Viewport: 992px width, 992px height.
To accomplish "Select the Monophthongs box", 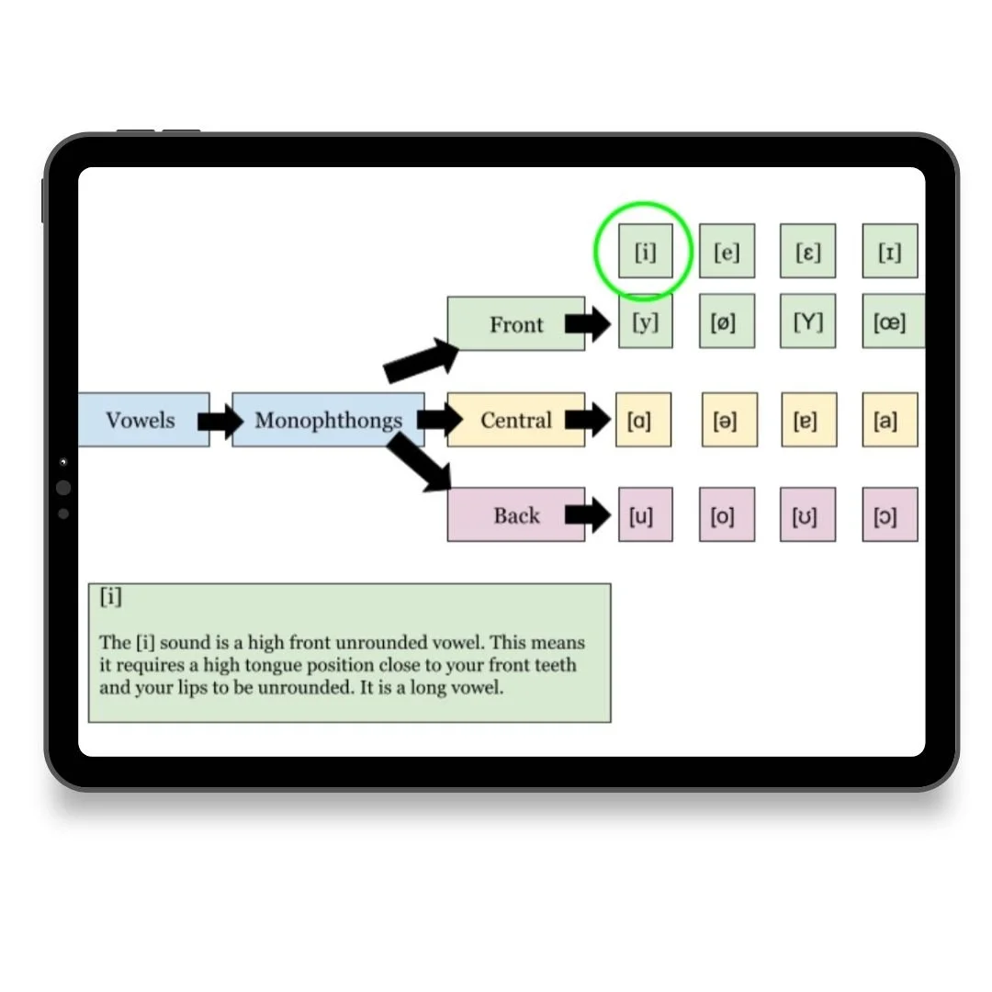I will pyautogui.click(x=328, y=421).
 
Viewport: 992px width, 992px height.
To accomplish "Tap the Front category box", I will pyautogui.click(x=515, y=324).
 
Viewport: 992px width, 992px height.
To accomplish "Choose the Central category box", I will pyautogui.click(x=515, y=421).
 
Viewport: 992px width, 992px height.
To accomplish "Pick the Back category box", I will pyautogui.click(x=515, y=515).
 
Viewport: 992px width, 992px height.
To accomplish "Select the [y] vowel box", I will pyautogui.click(x=645, y=321).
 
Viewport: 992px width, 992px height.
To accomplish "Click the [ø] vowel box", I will pyautogui.click(x=726, y=321).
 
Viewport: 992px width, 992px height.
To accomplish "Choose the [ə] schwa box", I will pyautogui.click(x=729, y=421).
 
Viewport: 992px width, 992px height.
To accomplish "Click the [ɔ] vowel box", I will pyautogui.click(x=889, y=515).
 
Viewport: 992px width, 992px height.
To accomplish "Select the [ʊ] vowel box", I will pyautogui.click(x=808, y=515).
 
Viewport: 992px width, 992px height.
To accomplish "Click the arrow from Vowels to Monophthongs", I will pyautogui.click(x=220, y=422).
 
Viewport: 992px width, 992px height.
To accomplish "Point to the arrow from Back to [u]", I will pyautogui.click(x=588, y=515).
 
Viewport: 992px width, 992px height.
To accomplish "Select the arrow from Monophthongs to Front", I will pyautogui.click(x=421, y=360).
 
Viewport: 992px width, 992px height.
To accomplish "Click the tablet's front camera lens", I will pyautogui.click(x=63, y=488).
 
